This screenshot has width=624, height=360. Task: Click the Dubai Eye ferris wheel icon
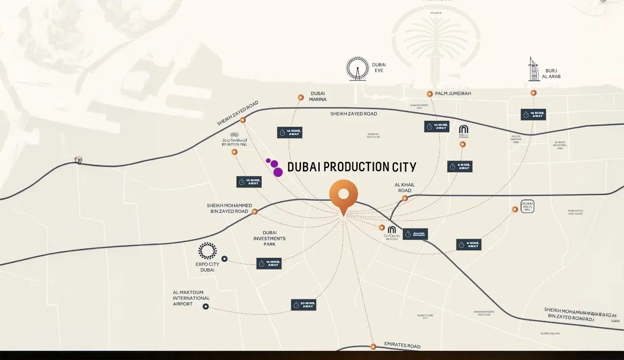pyautogui.click(x=358, y=69)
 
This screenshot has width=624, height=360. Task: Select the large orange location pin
pyautogui.click(x=343, y=196)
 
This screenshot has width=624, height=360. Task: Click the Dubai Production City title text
pyautogui.click(x=351, y=167)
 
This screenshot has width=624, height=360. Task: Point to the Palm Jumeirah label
pyautogui.click(x=453, y=94)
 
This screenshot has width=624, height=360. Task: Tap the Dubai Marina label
pyautogui.click(x=318, y=96)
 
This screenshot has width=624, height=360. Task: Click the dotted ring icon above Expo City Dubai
pyautogui.click(x=207, y=251)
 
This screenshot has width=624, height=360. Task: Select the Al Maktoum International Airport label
pyautogui.click(x=191, y=298)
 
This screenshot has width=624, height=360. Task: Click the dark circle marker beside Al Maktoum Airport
pyautogui.click(x=205, y=306)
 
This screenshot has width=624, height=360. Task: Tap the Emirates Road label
pyautogui.click(x=402, y=346)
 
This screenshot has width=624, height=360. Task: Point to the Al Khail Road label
pyautogui.click(x=405, y=188)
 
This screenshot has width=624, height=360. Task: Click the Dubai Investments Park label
pyautogui.click(x=269, y=238)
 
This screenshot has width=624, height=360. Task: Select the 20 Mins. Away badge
pyautogui.click(x=303, y=305)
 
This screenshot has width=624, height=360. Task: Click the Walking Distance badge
pyautogui.click(x=415, y=234)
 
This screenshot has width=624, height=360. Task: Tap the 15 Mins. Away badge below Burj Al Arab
pyautogui.click(x=533, y=115)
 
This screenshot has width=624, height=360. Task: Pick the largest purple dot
pyautogui.click(x=278, y=172)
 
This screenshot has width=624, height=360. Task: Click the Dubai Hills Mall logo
pyautogui.click(x=527, y=206)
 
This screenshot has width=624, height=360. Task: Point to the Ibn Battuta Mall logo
pyautogui.click(x=234, y=139)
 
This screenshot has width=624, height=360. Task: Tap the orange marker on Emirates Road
pyautogui.click(x=373, y=347)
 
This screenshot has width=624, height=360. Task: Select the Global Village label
pyautogui.click(x=550, y=333)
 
